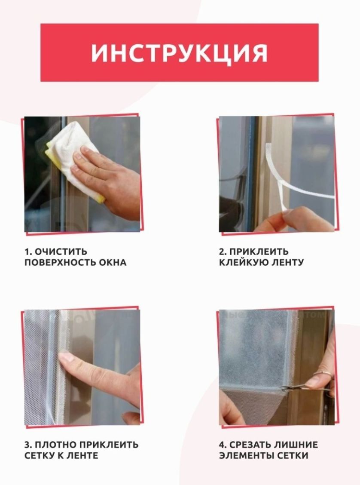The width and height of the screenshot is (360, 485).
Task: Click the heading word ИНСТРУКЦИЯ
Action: coord(179,53)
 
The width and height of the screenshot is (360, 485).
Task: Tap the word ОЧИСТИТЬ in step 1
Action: coord(61,252)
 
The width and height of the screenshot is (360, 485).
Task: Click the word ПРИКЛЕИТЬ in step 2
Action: coord(259,252)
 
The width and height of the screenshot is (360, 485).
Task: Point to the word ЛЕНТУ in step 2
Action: coord(284,263)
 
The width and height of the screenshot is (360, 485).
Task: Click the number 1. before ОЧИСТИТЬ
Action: coord(28,252)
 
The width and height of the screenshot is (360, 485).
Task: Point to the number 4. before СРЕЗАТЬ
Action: coord(223,445)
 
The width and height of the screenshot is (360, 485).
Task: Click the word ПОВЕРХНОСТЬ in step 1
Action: coord(60,263)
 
